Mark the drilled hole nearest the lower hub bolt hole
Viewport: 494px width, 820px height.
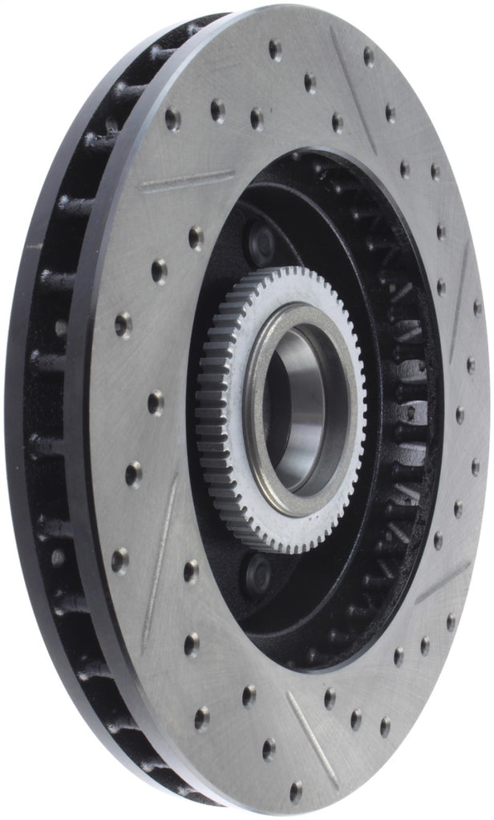click(x=191, y=570)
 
